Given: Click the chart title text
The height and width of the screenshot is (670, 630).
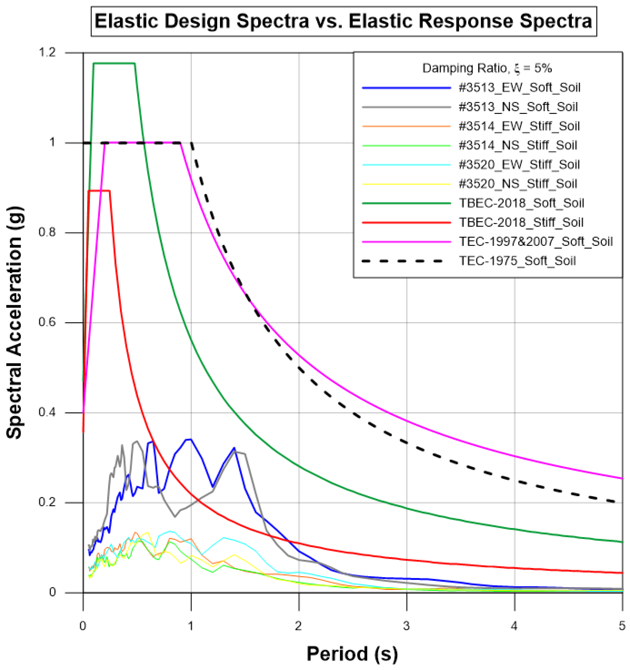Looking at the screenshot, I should pyautogui.click(x=343, y=21).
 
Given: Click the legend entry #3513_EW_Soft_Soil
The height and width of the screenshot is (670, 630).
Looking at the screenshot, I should pyautogui.click(x=519, y=88).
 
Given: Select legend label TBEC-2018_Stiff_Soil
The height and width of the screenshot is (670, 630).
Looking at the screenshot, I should pyautogui.click(x=521, y=222).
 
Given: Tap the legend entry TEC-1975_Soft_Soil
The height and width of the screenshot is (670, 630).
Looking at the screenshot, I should pyautogui.click(x=517, y=261).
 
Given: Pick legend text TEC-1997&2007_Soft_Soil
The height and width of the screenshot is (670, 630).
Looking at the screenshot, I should pyautogui.click(x=535, y=242).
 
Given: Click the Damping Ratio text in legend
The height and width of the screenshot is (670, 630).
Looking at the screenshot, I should pyautogui.click(x=487, y=68).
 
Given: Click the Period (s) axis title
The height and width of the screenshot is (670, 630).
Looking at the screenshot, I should pyautogui.click(x=352, y=654).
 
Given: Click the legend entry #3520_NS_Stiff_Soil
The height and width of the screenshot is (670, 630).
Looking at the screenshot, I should pyautogui.click(x=518, y=184).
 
